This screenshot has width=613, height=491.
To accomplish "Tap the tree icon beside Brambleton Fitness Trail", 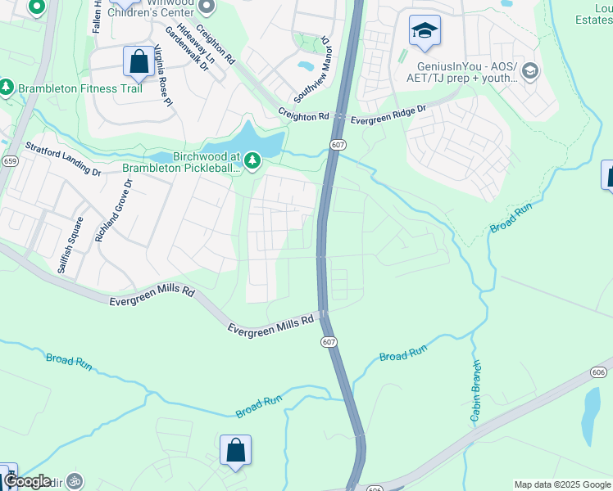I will [6, 87].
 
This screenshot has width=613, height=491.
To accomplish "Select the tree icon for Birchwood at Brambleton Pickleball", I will [252, 161].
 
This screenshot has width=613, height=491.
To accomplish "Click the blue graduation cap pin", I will [425, 32].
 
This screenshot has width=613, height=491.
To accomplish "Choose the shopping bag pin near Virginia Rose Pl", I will [138, 62].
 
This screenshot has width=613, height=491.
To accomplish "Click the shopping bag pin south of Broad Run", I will [235, 450].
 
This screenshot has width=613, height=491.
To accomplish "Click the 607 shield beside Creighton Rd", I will [338, 144].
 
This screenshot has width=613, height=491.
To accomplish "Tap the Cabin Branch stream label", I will [475, 392].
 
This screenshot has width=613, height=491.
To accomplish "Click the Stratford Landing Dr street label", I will [63, 159].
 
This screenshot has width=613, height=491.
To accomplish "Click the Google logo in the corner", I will [26, 481].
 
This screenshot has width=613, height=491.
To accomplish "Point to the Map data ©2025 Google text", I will [561, 484].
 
